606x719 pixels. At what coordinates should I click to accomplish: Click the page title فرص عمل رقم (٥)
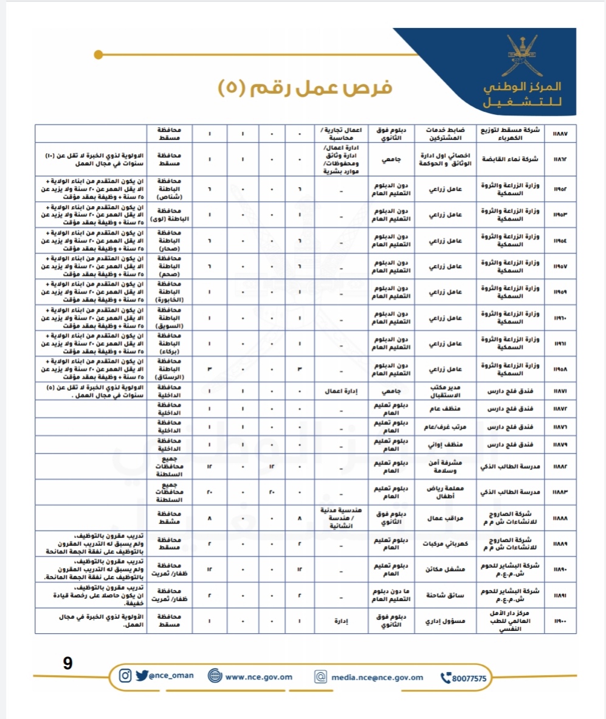tap(305, 86)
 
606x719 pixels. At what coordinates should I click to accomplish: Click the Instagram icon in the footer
tap(125, 675)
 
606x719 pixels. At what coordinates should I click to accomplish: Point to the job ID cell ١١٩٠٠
tap(560, 621)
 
